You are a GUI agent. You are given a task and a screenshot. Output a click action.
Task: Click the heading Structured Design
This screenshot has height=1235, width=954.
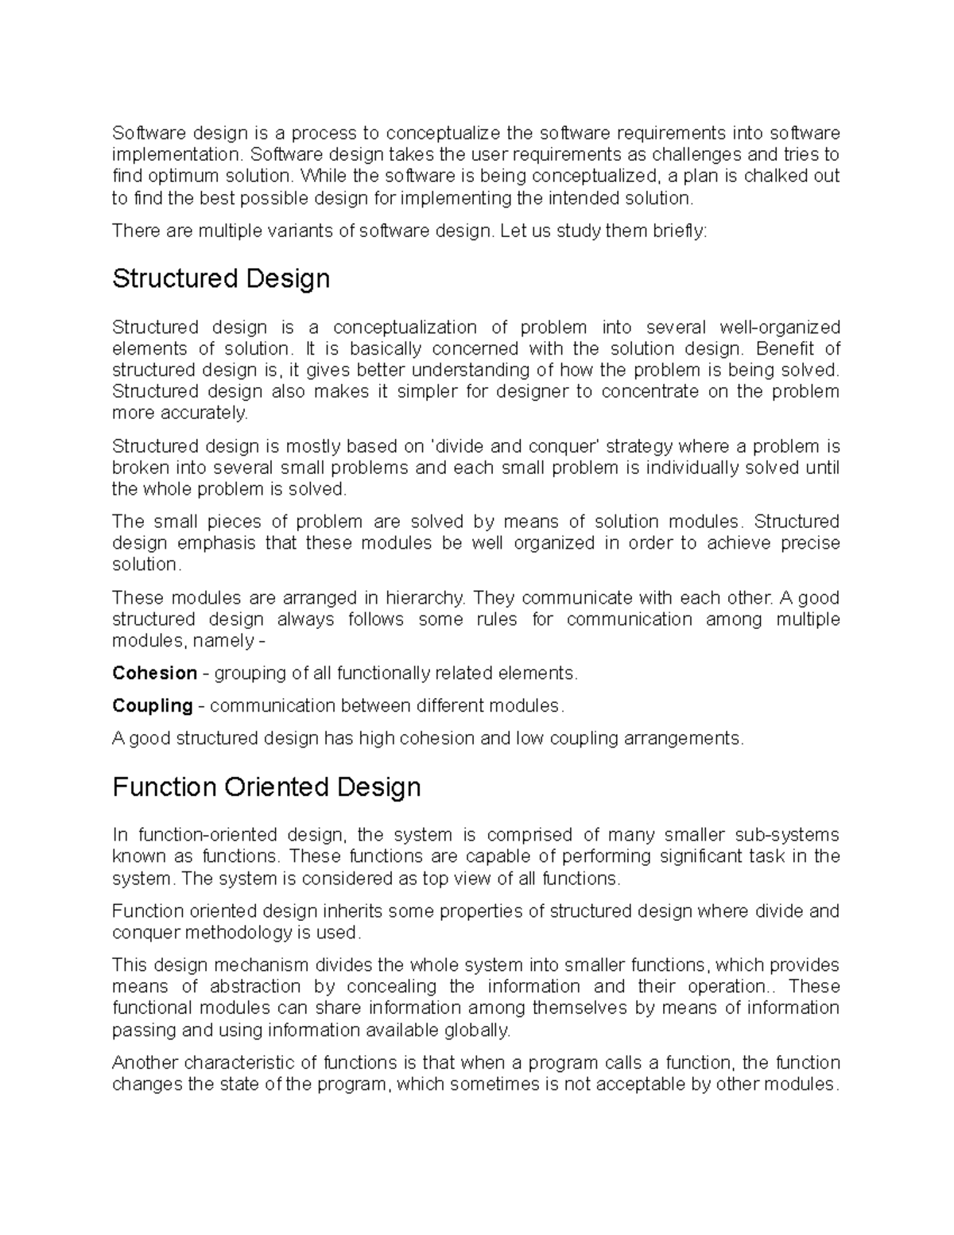tap(221, 279)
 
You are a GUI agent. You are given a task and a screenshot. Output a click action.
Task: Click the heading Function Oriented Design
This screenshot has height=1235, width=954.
tap(266, 787)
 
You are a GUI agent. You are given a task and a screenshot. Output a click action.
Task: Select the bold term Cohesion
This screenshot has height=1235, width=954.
tap(154, 673)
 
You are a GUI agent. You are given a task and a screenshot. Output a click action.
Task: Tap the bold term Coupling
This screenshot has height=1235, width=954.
tap(152, 705)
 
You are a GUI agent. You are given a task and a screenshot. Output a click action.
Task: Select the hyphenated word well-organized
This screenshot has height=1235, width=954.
tap(779, 327)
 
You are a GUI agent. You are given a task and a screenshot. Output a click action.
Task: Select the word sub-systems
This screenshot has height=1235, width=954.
tap(790, 834)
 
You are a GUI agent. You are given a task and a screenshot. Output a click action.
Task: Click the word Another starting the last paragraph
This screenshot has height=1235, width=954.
tap(146, 1062)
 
